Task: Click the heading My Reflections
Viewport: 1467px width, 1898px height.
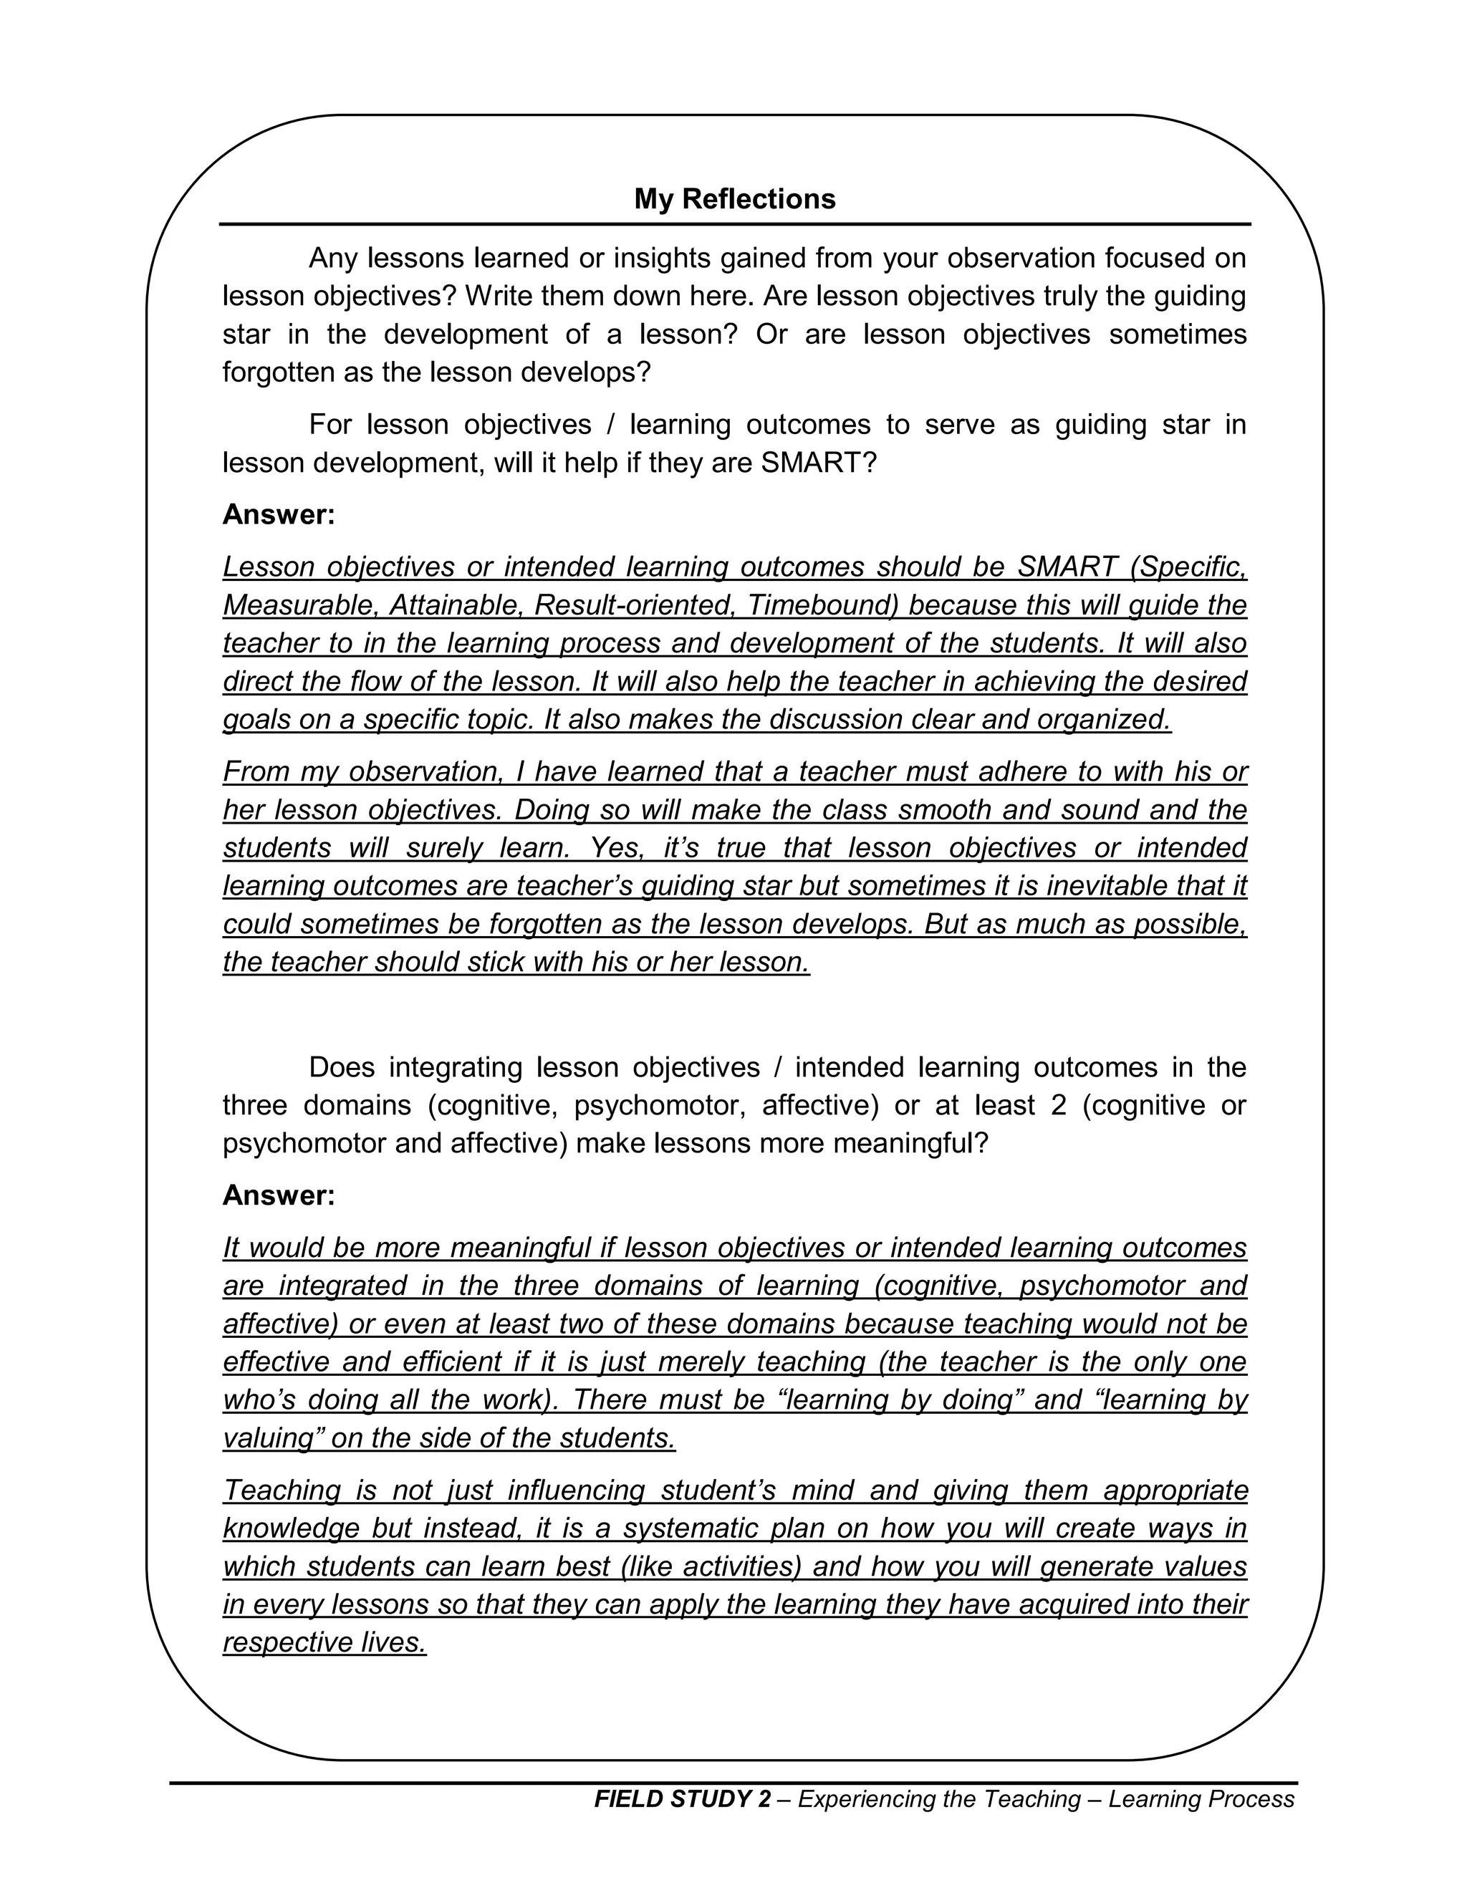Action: tap(734, 199)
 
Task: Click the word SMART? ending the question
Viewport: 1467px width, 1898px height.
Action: tap(819, 463)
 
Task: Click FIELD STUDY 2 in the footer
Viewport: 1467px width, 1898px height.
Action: tap(682, 1799)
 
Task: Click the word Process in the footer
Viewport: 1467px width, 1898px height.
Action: tap(1251, 1799)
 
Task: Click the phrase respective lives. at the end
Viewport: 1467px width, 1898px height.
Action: tap(325, 1642)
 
